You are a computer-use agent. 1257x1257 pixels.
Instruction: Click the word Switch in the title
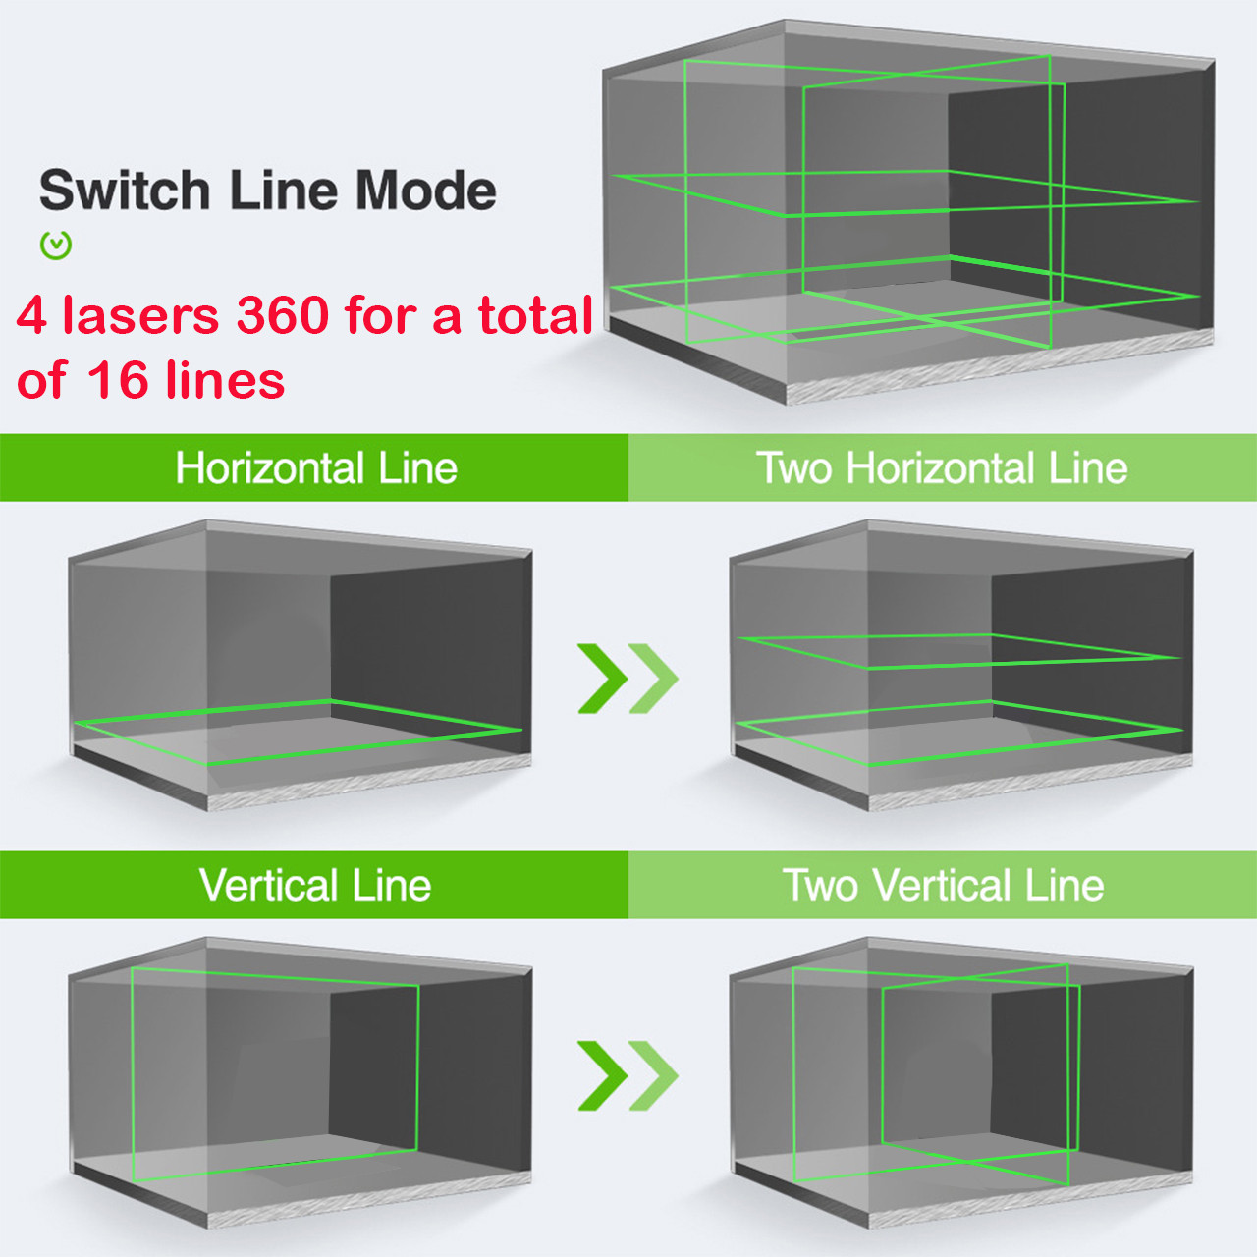pos(125,191)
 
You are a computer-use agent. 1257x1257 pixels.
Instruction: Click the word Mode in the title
pos(425,191)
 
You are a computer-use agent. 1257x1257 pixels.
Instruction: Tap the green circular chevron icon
pos(56,246)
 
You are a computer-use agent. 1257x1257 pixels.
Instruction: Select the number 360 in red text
pos(282,315)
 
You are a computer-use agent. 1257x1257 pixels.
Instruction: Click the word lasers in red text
pos(140,315)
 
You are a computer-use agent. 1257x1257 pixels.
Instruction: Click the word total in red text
pos(535,315)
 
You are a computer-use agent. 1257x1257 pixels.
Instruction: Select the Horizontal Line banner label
pos(316,468)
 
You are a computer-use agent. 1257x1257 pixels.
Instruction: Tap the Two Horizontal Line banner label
pos(942,468)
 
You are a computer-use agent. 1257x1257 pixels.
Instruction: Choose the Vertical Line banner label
pos(315,886)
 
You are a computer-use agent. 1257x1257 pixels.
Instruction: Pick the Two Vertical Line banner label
pos(943,886)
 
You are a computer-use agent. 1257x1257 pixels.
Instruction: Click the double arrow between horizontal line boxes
pos(628,678)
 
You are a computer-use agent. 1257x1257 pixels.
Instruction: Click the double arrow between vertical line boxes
pos(628,1075)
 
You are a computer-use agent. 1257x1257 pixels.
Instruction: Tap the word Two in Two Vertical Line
pos(822,886)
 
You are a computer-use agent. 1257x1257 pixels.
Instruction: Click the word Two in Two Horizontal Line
pos(795,468)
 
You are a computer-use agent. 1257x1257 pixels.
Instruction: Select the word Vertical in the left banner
pos(268,886)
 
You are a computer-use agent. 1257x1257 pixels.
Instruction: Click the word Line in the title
pos(282,191)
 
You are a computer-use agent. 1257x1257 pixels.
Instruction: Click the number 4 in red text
pos(31,315)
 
